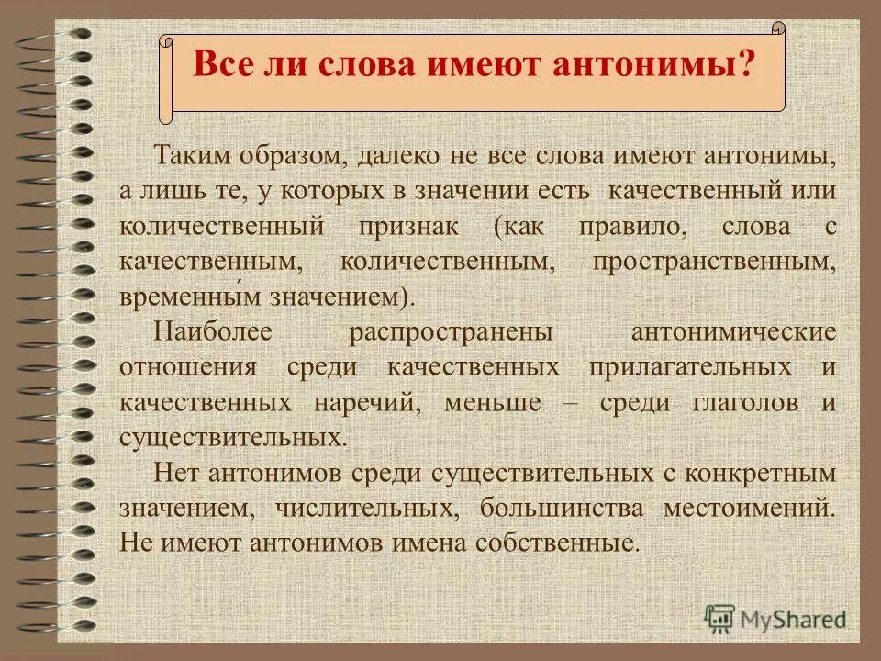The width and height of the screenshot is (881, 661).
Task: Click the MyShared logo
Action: point(776,618)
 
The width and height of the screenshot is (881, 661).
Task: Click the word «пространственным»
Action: point(715,262)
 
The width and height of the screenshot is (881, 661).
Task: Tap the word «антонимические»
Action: point(734,332)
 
